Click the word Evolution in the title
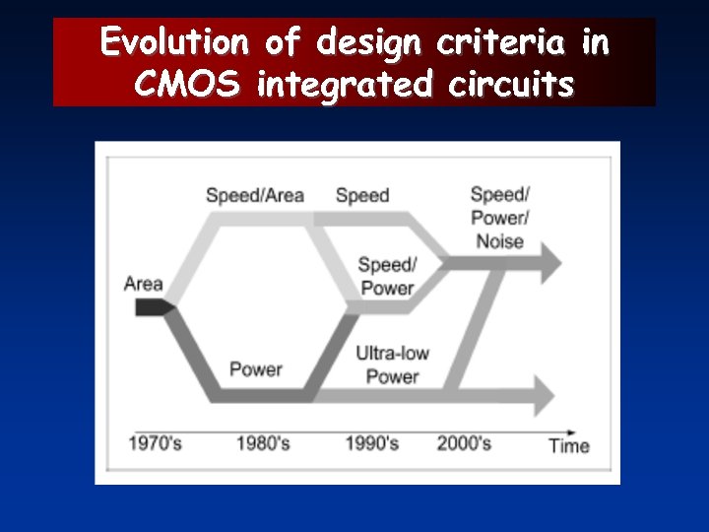(175, 42)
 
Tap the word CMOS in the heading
(187, 86)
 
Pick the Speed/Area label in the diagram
(254, 195)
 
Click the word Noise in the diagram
(499, 241)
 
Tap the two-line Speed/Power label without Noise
(387, 277)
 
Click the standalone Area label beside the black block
(144, 284)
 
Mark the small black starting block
(152, 308)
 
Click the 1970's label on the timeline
(155, 443)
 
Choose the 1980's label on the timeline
(263, 443)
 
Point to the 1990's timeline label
(371, 443)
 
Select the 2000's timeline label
(464, 443)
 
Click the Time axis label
(569, 445)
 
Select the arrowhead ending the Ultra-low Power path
(544, 395)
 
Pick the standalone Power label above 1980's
(255, 370)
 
